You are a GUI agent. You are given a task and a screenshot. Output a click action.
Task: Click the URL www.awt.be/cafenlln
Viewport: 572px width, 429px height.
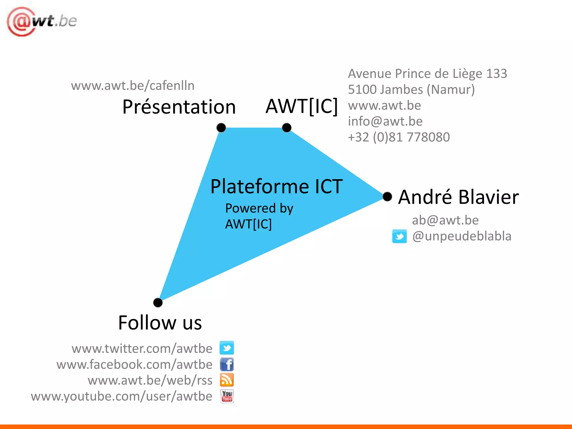pyautogui.click(x=133, y=85)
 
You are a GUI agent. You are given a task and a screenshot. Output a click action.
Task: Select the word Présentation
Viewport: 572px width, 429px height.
pyautogui.click(x=179, y=107)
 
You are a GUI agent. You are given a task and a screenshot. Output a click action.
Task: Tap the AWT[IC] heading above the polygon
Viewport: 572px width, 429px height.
pyautogui.click(x=302, y=106)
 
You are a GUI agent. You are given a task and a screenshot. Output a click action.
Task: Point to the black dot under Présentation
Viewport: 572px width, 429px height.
pyautogui.click(x=221, y=128)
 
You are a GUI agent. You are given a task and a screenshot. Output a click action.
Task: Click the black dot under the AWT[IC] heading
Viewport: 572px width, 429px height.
pyautogui.click(x=287, y=128)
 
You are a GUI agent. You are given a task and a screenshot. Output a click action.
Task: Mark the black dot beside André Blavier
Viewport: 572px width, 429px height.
pyautogui.click(x=387, y=197)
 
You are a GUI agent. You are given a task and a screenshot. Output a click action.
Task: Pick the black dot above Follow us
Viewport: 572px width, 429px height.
pyautogui.click(x=158, y=302)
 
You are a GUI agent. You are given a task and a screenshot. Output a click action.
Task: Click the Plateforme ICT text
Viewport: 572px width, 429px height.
pyautogui.click(x=277, y=187)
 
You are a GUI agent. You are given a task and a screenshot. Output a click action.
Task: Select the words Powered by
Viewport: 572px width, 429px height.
pyautogui.click(x=259, y=208)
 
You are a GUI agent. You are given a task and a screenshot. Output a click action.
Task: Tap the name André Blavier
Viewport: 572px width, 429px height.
pyautogui.click(x=458, y=197)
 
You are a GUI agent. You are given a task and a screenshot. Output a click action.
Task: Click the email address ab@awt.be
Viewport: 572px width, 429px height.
pyautogui.click(x=445, y=220)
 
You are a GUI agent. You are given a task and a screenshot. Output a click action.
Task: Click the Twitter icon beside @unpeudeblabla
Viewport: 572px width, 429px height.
pyautogui.click(x=399, y=237)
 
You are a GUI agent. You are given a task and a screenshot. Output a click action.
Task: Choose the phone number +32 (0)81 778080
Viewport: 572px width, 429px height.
pyautogui.click(x=399, y=137)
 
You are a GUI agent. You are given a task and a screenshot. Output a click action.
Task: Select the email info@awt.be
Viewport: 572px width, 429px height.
pyautogui.click(x=385, y=121)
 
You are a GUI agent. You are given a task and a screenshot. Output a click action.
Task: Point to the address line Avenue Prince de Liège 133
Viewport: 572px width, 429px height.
pyautogui.click(x=427, y=74)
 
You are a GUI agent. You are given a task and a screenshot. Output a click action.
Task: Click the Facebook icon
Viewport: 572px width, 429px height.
pyautogui.click(x=227, y=364)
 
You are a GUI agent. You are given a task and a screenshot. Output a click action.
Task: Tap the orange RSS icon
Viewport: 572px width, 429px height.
pyautogui.click(x=227, y=380)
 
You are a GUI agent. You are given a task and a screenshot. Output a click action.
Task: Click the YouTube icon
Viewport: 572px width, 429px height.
pyautogui.click(x=227, y=396)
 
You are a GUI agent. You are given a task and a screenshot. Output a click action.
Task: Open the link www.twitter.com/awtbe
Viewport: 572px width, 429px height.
pyautogui.click(x=142, y=349)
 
